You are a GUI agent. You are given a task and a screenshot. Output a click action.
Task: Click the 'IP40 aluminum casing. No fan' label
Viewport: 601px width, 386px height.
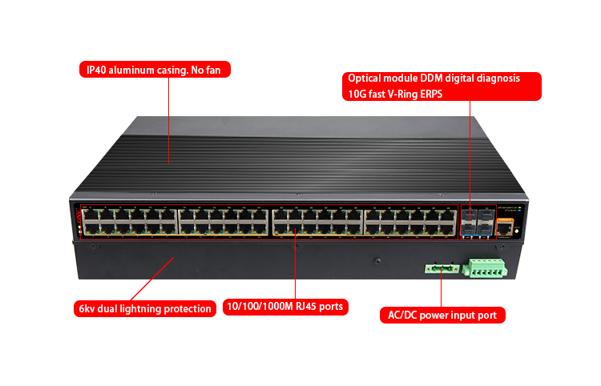[155, 70]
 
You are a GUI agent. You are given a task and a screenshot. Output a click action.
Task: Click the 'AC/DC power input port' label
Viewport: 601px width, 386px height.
[442, 316]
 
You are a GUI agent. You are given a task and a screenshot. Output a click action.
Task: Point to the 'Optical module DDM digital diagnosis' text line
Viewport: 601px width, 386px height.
[434, 78]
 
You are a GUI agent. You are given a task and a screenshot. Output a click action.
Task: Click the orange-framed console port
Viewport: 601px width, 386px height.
[504, 228]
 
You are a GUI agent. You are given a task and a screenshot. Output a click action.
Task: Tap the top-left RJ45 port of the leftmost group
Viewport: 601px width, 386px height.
[89, 215]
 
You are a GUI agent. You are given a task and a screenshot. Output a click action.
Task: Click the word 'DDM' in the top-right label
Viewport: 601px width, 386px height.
[445, 78]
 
